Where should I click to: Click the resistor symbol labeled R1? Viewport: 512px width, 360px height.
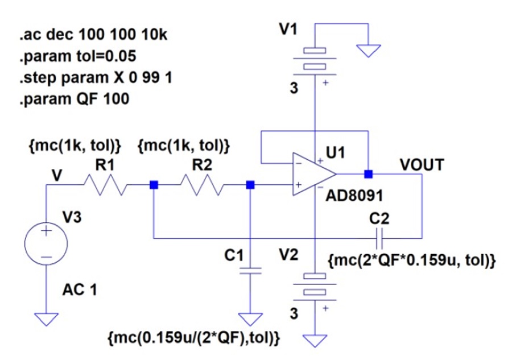(x=105, y=185)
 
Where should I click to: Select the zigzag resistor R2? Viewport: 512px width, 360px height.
(x=202, y=185)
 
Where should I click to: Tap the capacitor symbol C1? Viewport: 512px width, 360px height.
(x=250, y=271)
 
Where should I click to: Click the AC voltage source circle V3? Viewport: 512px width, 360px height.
(x=46, y=243)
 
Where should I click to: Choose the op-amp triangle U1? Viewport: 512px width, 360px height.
(x=314, y=174)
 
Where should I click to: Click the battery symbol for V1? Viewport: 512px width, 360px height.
(x=315, y=59)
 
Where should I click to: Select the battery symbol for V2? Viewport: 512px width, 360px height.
(x=315, y=284)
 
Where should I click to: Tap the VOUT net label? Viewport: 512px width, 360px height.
(x=422, y=165)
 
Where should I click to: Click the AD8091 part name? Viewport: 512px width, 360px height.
(x=354, y=196)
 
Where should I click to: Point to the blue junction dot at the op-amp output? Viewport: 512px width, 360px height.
(x=368, y=174)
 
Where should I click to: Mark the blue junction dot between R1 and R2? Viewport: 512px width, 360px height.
(x=154, y=185)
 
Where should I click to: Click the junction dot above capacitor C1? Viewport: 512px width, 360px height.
(x=250, y=185)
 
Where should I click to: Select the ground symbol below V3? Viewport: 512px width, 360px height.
(x=46, y=319)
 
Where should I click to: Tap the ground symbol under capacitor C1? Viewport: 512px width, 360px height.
(x=250, y=319)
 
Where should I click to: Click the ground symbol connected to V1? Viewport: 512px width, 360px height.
(x=368, y=51)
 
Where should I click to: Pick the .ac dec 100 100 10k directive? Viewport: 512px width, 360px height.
(x=93, y=35)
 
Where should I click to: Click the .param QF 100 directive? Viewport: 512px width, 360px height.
(x=75, y=98)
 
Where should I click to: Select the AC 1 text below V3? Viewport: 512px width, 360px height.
(x=80, y=289)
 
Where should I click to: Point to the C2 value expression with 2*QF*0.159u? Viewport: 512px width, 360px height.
(x=412, y=260)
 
